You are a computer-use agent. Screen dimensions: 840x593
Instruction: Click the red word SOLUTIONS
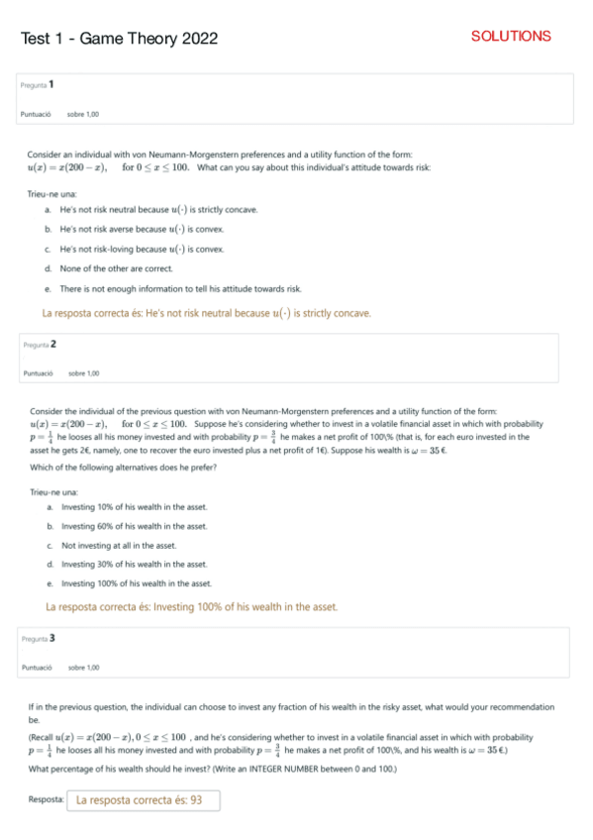[x=511, y=37]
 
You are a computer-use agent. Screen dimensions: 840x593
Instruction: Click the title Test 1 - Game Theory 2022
[x=119, y=39]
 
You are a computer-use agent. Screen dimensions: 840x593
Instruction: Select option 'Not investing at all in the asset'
[x=119, y=545]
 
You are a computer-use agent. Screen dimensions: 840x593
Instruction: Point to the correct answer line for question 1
[x=207, y=314]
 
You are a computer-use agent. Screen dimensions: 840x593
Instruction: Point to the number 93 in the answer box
[x=195, y=799]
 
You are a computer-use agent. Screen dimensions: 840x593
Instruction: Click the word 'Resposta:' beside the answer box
[x=47, y=798]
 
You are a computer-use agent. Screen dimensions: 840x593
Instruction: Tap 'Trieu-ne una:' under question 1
[x=47, y=193]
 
